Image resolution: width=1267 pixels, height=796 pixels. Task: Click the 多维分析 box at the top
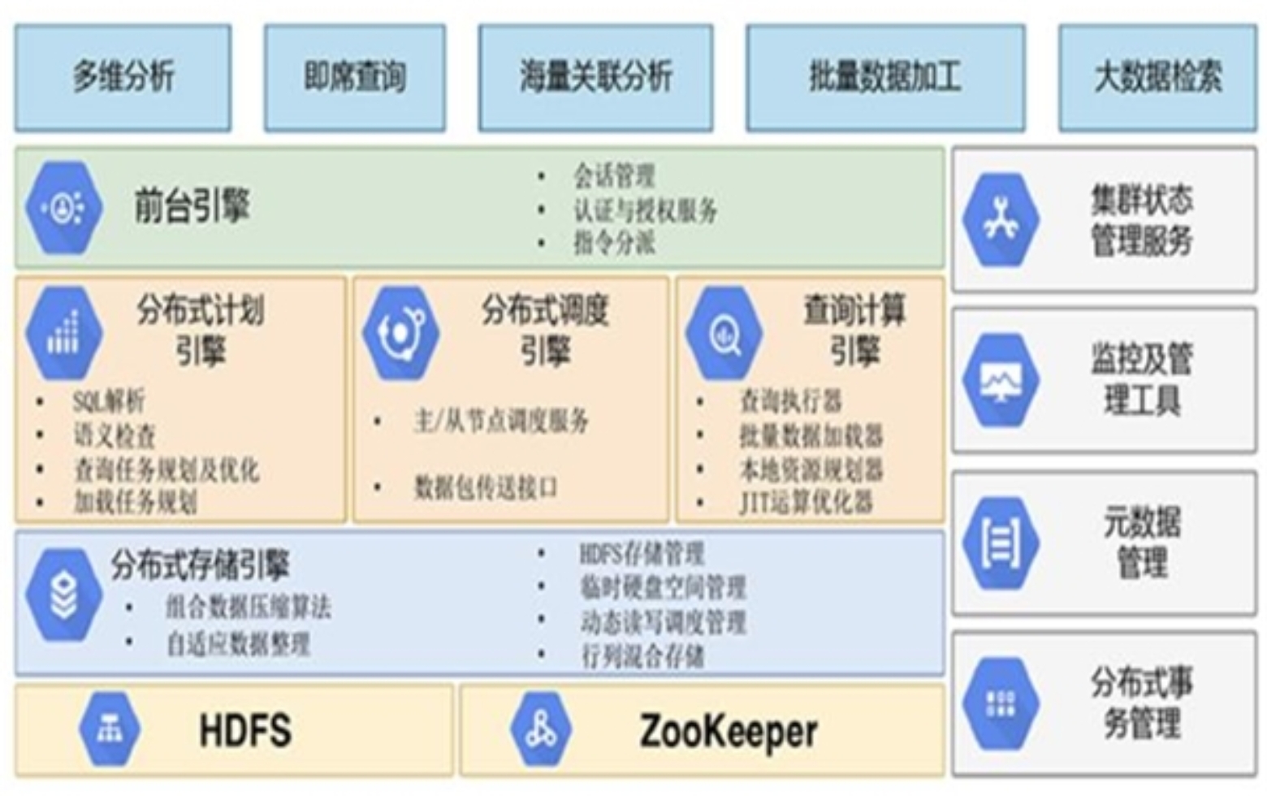tap(123, 77)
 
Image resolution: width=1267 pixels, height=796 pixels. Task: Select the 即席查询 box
tap(355, 77)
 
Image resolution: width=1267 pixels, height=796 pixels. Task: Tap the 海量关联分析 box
tap(595, 77)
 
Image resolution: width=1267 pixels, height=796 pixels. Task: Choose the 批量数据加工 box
tap(885, 77)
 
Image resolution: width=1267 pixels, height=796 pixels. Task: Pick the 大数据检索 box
tap(1157, 77)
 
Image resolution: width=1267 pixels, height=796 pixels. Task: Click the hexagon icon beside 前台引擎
tap(64, 208)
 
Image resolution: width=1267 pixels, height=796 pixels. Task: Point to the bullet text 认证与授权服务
tap(646, 210)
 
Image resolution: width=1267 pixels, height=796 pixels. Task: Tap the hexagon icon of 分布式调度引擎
tap(400, 332)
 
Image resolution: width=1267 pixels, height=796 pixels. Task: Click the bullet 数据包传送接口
tap(486, 487)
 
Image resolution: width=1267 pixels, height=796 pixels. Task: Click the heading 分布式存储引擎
tap(200, 565)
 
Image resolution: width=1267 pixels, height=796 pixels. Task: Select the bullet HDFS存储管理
tap(642, 554)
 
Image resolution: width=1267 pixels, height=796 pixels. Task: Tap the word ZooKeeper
tap(729, 731)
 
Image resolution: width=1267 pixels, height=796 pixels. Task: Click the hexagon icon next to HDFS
tap(110, 729)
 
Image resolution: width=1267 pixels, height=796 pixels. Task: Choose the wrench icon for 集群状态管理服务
tap(1001, 220)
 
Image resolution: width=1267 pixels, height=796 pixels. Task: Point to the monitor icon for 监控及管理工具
tap(1001, 380)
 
